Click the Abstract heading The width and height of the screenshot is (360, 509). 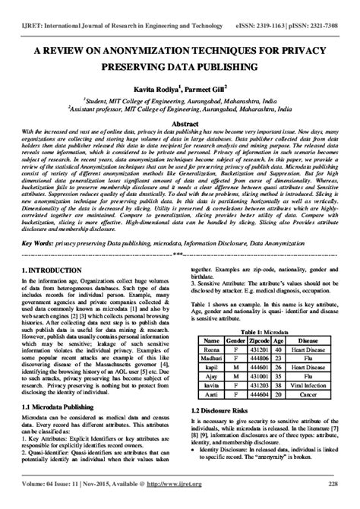pos(179,122)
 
